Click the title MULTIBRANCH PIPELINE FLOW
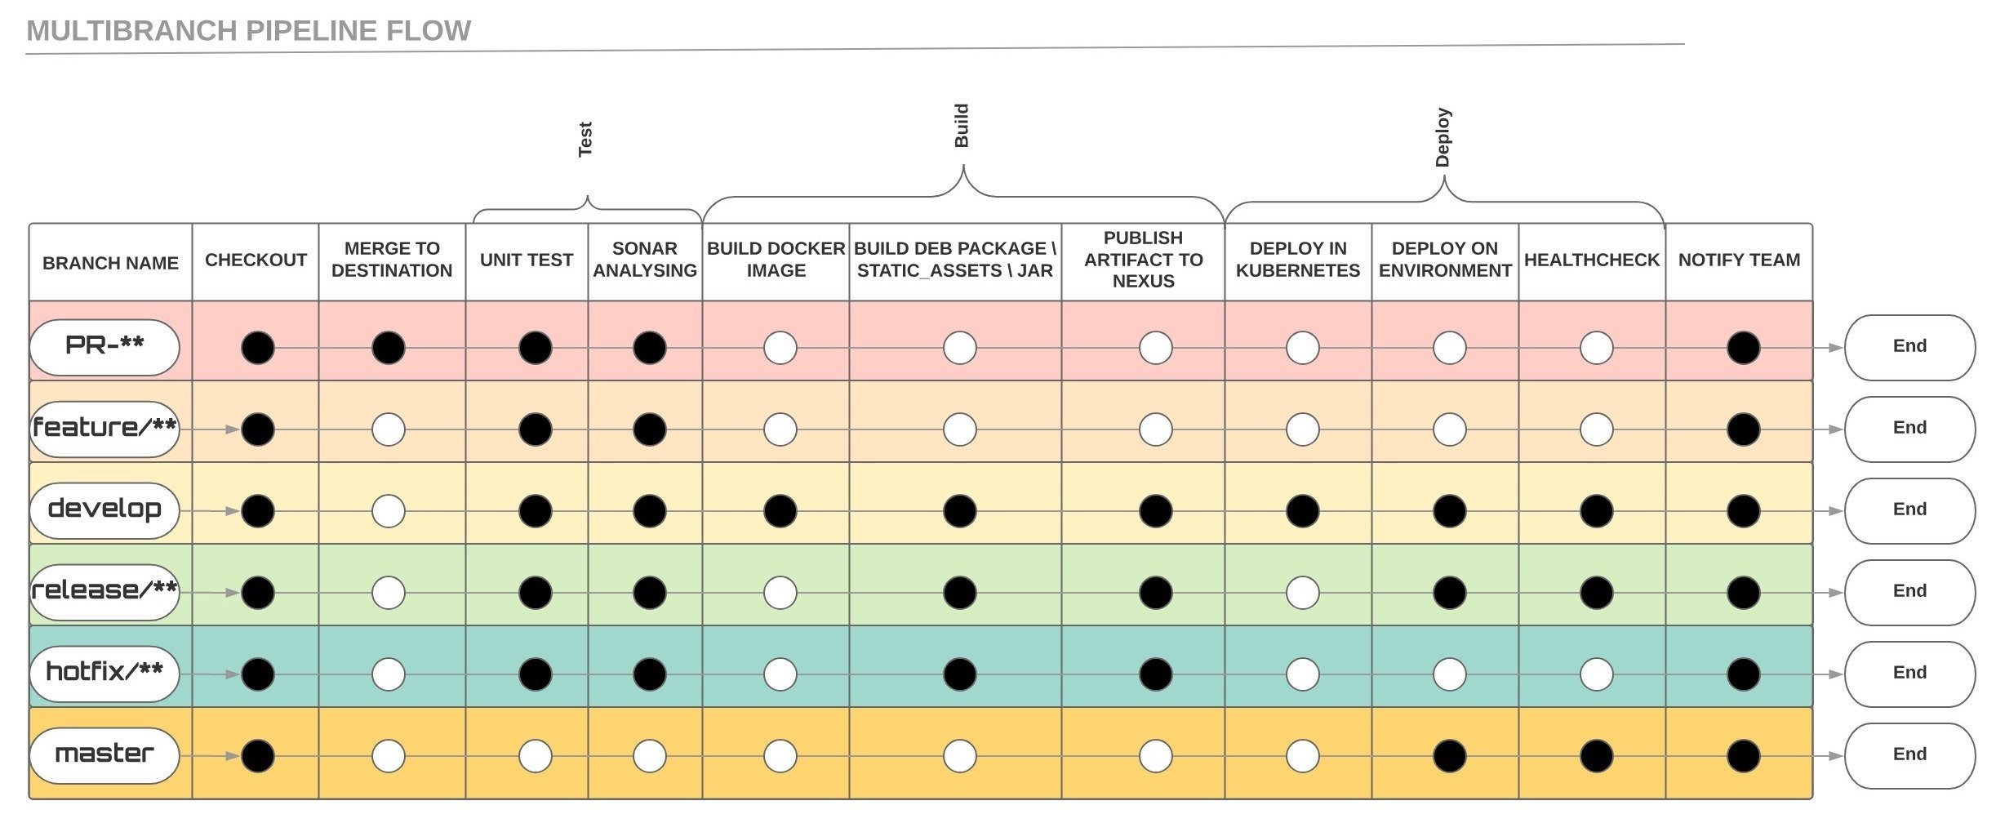pyautogui.click(x=249, y=31)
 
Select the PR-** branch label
pyautogui.click(x=104, y=347)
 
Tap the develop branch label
pyautogui.click(x=104, y=510)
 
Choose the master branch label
pyautogui.click(x=104, y=755)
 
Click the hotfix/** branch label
pyautogui.click(x=104, y=674)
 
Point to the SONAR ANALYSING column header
pyautogui.click(x=645, y=260)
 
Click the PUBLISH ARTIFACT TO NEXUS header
pyautogui.click(x=1143, y=260)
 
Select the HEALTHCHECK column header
pyautogui.click(x=1592, y=260)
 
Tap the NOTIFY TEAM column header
pyautogui.click(x=1739, y=260)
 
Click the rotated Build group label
pyautogui.click(x=962, y=125)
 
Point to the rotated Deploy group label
pyautogui.click(x=1443, y=137)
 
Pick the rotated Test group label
pyautogui.click(x=585, y=139)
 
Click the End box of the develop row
pyautogui.click(x=1909, y=510)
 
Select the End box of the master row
pyautogui.click(x=1909, y=755)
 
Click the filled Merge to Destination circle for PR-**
pyautogui.click(x=389, y=348)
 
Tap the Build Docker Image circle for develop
pyautogui.click(x=780, y=511)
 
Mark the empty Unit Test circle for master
pyautogui.click(x=536, y=756)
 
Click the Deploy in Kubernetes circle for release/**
pyautogui.click(x=1303, y=593)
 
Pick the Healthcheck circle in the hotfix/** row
pyautogui.click(x=1597, y=674)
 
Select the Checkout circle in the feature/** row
pyautogui.click(x=258, y=429)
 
